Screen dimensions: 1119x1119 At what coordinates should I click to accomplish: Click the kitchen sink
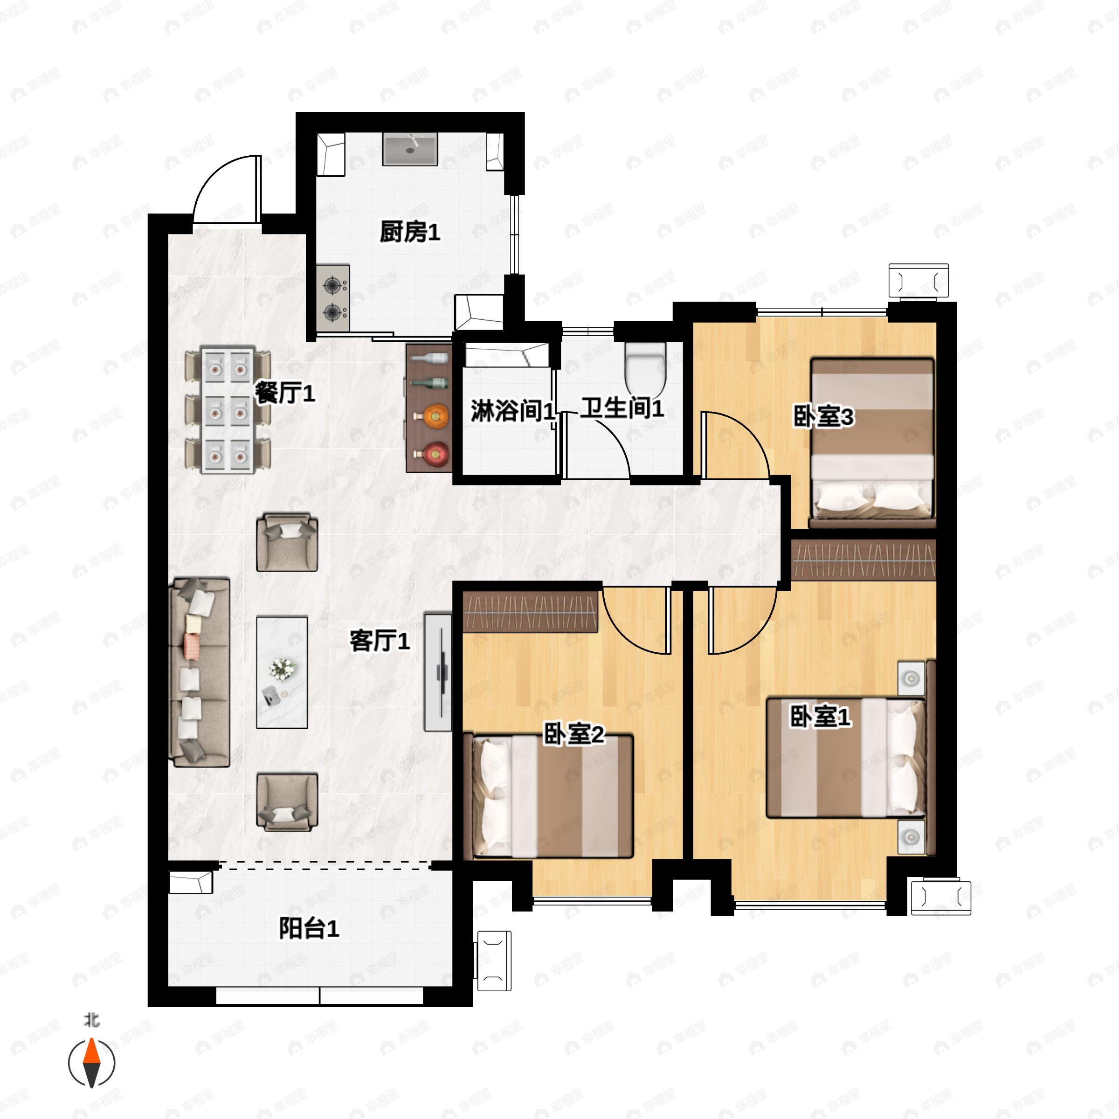(x=410, y=149)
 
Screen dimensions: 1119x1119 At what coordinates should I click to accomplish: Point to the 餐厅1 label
(x=285, y=394)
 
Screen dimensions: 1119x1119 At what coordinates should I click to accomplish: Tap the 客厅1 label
(x=380, y=641)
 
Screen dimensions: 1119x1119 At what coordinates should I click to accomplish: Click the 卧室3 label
(x=823, y=416)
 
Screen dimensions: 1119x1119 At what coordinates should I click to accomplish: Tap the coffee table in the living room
(x=282, y=672)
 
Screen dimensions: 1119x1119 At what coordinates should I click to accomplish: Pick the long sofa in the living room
(x=199, y=672)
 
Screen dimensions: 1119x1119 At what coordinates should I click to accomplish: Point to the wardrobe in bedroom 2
(x=531, y=611)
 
